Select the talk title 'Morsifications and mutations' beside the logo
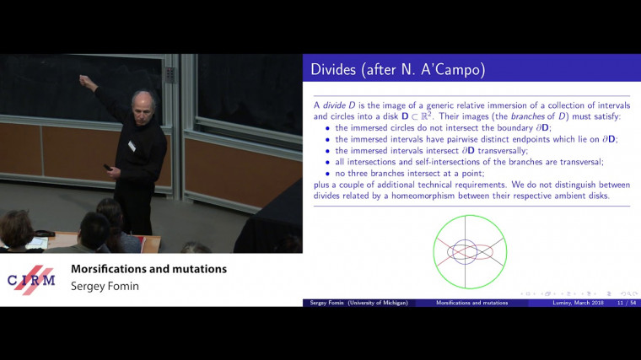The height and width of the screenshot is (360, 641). [x=148, y=269]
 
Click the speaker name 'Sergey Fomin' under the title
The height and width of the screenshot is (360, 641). [x=105, y=287]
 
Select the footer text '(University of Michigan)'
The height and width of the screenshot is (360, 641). [x=380, y=302]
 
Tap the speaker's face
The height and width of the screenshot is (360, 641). [x=139, y=106]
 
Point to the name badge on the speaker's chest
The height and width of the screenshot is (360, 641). [x=131, y=146]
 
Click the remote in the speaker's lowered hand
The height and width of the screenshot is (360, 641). [x=108, y=167]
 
